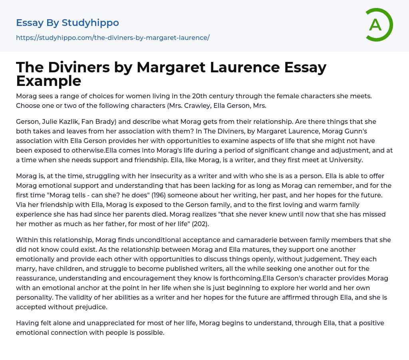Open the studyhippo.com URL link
tap(113, 38)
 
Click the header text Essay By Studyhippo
tap(68, 23)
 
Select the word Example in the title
tap(49, 81)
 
